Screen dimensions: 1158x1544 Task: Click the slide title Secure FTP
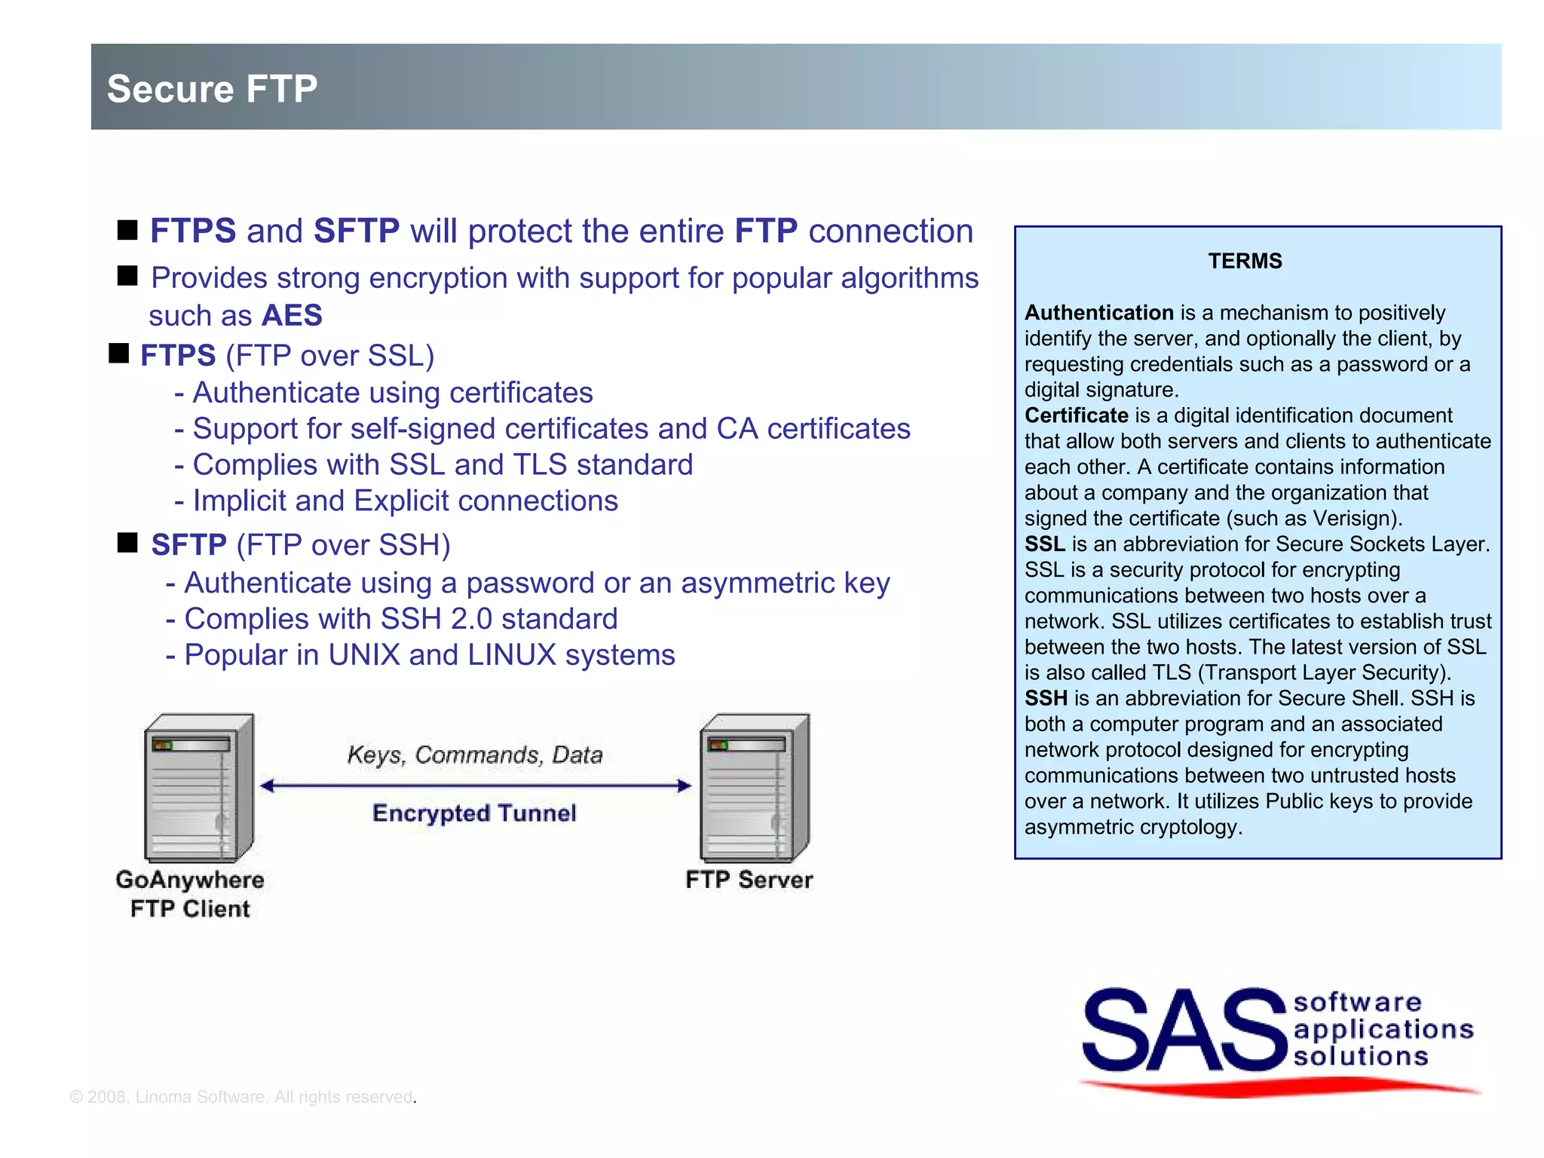[212, 89]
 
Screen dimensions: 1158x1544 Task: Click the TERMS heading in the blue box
[1245, 261]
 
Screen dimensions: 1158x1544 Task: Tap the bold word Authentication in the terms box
[1098, 312]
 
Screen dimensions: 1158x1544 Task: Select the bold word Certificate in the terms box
[1076, 415]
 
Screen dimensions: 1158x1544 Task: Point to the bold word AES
[292, 315]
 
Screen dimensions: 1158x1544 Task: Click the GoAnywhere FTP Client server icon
[199, 788]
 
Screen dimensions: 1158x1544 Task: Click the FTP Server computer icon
[755, 788]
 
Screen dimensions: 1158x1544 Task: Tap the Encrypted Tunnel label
[474, 813]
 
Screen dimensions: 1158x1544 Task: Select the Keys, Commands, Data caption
[474, 755]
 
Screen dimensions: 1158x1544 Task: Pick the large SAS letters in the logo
[1184, 1031]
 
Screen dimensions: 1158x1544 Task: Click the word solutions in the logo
[1361, 1056]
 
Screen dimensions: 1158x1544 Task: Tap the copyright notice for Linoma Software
[242, 1097]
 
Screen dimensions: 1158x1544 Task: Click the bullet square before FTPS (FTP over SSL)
[119, 353]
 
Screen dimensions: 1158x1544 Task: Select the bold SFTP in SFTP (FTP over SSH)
[188, 544]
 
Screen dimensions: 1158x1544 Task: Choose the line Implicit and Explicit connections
[405, 501]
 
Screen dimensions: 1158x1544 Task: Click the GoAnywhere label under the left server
[190, 880]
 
